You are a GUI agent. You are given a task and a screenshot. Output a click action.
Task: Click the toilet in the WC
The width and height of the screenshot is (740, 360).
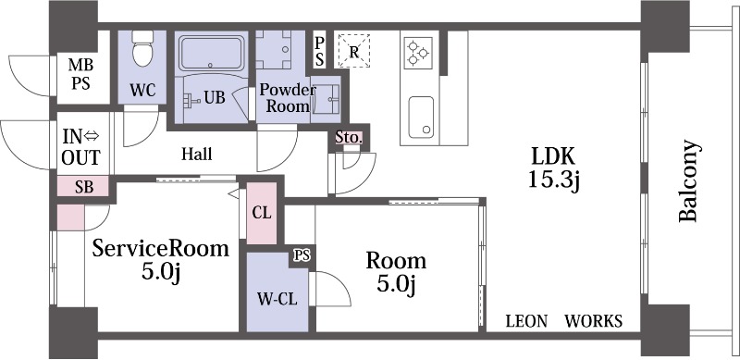143,49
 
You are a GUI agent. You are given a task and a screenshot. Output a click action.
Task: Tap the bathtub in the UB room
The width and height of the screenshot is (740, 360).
211,54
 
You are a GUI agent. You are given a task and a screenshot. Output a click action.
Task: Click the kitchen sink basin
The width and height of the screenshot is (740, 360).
421,118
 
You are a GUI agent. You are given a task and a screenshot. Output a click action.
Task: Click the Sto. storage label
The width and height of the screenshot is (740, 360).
349,138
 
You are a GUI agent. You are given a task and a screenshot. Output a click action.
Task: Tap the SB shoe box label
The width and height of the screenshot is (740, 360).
84,187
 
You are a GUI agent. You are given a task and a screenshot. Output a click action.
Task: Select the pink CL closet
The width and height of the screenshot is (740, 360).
262,214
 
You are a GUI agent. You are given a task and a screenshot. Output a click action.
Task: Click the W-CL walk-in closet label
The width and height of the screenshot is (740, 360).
277,299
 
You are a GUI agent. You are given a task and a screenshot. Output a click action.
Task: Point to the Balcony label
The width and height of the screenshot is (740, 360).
687,180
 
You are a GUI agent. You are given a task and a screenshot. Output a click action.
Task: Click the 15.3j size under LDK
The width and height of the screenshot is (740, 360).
553,180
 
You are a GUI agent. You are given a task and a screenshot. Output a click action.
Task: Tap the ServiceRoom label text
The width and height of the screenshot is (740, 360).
160,248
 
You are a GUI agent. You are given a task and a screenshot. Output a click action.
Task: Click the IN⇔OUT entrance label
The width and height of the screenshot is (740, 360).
81,147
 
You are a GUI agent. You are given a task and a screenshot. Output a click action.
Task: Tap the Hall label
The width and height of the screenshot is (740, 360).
197,154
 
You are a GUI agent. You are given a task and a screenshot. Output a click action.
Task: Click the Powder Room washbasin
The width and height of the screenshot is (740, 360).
327,99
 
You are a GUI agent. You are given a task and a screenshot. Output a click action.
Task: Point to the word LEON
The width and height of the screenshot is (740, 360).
526,321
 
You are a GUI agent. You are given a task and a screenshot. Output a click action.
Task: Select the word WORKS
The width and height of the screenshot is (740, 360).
594,321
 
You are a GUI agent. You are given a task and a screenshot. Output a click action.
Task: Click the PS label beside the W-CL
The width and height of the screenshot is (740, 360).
302,255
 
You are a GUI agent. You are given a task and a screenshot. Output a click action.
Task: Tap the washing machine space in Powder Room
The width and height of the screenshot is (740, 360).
274,50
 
